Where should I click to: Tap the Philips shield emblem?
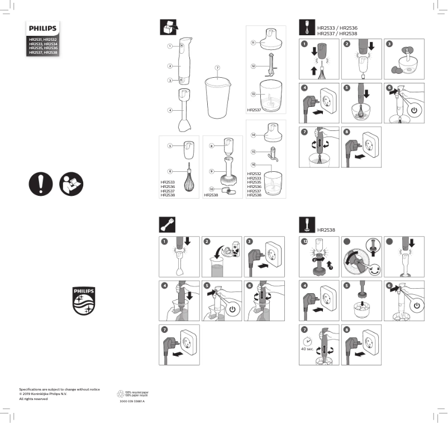(84, 300)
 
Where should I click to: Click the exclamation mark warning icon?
(41, 184)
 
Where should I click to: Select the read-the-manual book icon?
(70, 184)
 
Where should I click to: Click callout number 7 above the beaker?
(217, 68)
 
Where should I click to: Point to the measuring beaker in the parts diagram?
(218, 98)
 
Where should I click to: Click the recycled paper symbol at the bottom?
(120, 393)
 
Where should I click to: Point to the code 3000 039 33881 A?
(132, 401)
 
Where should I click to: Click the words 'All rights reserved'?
(34, 398)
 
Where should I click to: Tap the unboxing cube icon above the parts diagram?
(169, 27)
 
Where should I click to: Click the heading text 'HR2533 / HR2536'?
(337, 27)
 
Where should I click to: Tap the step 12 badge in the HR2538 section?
(304, 242)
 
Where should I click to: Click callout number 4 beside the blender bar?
(169, 110)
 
